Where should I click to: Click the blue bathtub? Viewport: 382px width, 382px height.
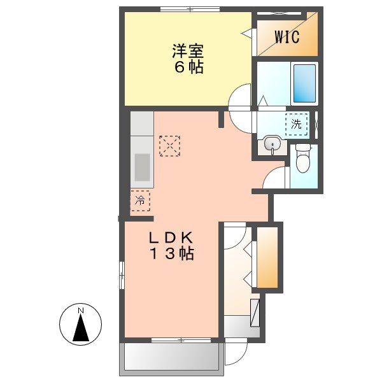click(304, 83)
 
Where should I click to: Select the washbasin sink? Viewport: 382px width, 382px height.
click(272, 144)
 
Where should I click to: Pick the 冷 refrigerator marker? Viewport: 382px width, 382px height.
click(140, 201)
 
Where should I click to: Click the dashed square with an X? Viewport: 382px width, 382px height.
click(169, 145)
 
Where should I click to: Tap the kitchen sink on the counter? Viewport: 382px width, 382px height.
click(141, 169)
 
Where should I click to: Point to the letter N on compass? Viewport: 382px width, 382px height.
click(81, 311)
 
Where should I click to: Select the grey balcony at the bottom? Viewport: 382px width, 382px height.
click(171, 357)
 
